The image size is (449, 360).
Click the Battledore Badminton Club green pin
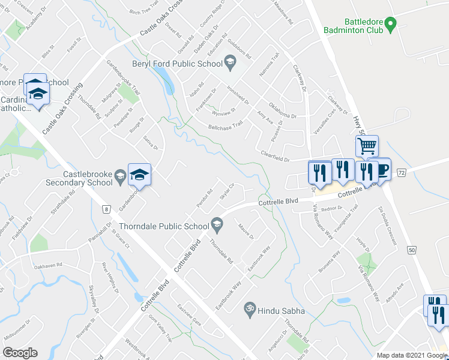click(x=391, y=25)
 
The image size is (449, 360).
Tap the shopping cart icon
click(x=367, y=146)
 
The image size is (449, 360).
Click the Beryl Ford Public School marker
click(x=229, y=61)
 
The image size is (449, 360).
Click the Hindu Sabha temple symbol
click(x=246, y=310)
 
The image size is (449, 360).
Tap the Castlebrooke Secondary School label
click(x=87, y=178)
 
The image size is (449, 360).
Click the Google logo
click(x=20, y=353)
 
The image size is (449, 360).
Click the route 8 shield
click(x=106, y=209)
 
